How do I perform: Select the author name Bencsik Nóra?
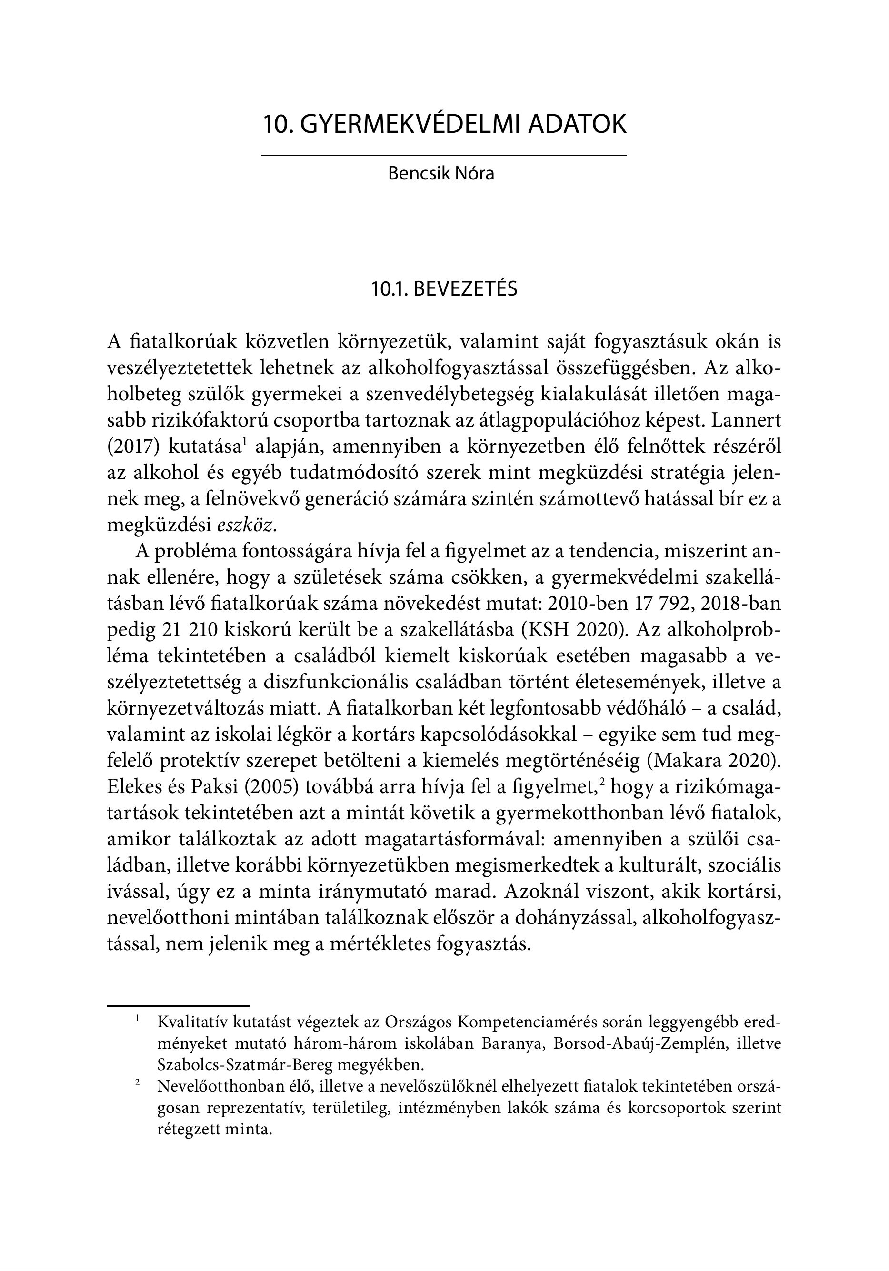(x=441, y=173)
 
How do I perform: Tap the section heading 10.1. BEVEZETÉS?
(x=444, y=289)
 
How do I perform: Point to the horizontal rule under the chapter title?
(x=444, y=155)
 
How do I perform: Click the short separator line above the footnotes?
(x=178, y=989)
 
